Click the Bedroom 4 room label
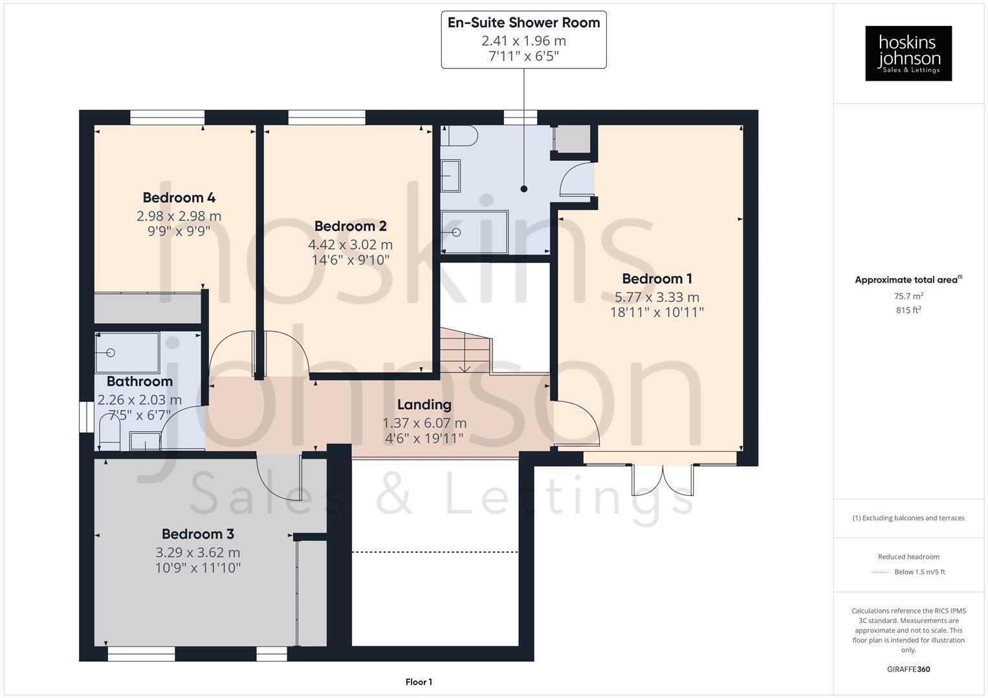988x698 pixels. pyautogui.click(x=179, y=198)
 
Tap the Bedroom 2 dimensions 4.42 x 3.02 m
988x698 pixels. pyautogui.click(x=350, y=245)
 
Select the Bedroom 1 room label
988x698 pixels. pyautogui.click(x=657, y=279)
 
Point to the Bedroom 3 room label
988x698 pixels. pyautogui.click(x=197, y=534)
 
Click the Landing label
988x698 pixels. pyautogui.click(x=424, y=405)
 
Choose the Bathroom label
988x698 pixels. pyautogui.click(x=139, y=381)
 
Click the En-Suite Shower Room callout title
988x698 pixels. pyautogui.click(x=523, y=23)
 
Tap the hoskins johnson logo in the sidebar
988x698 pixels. pyautogui.click(x=908, y=53)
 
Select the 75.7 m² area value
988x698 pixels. pyautogui.click(x=908, y=296)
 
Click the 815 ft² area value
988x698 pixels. pyautogui.click(x=908, y=310)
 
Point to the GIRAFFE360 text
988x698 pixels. pyautogui.click(x=908, y=670)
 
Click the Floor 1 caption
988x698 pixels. pyautogui.click(x=419, y=682)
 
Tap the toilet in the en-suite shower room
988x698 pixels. pyautogui.click(x=461, y=136)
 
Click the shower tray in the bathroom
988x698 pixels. pyautogui.click(x=127, y=353)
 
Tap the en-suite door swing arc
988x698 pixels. pyautogui.click(x=575, y=180)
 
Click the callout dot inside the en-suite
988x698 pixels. pyautogui.click(x=523, y=189)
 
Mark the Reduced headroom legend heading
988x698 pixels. pyautogui.click(x=908, y=556)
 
